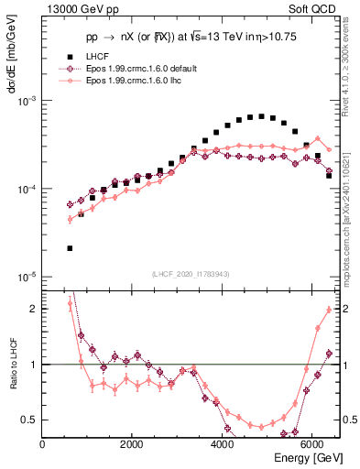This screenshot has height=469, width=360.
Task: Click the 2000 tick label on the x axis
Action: (132, 443)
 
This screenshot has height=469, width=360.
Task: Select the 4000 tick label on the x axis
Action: (223, 443)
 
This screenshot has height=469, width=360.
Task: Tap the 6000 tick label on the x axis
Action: (312, 443)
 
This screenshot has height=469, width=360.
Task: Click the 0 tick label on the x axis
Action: (43, 443)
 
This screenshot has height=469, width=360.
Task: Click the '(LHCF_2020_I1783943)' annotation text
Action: (191, 275)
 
